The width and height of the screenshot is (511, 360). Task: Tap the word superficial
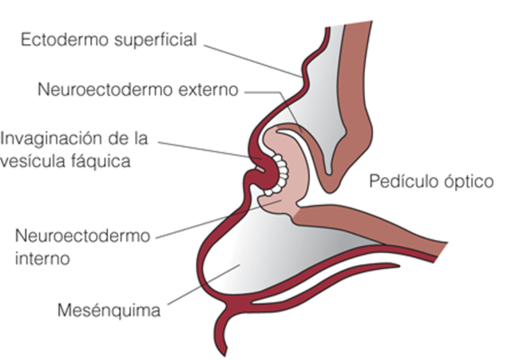pos(151,40)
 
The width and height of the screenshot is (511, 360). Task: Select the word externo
pos(209,89)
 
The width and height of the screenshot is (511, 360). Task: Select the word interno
pos(42,259)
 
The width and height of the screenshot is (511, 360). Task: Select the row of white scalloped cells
pos(276,172)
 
